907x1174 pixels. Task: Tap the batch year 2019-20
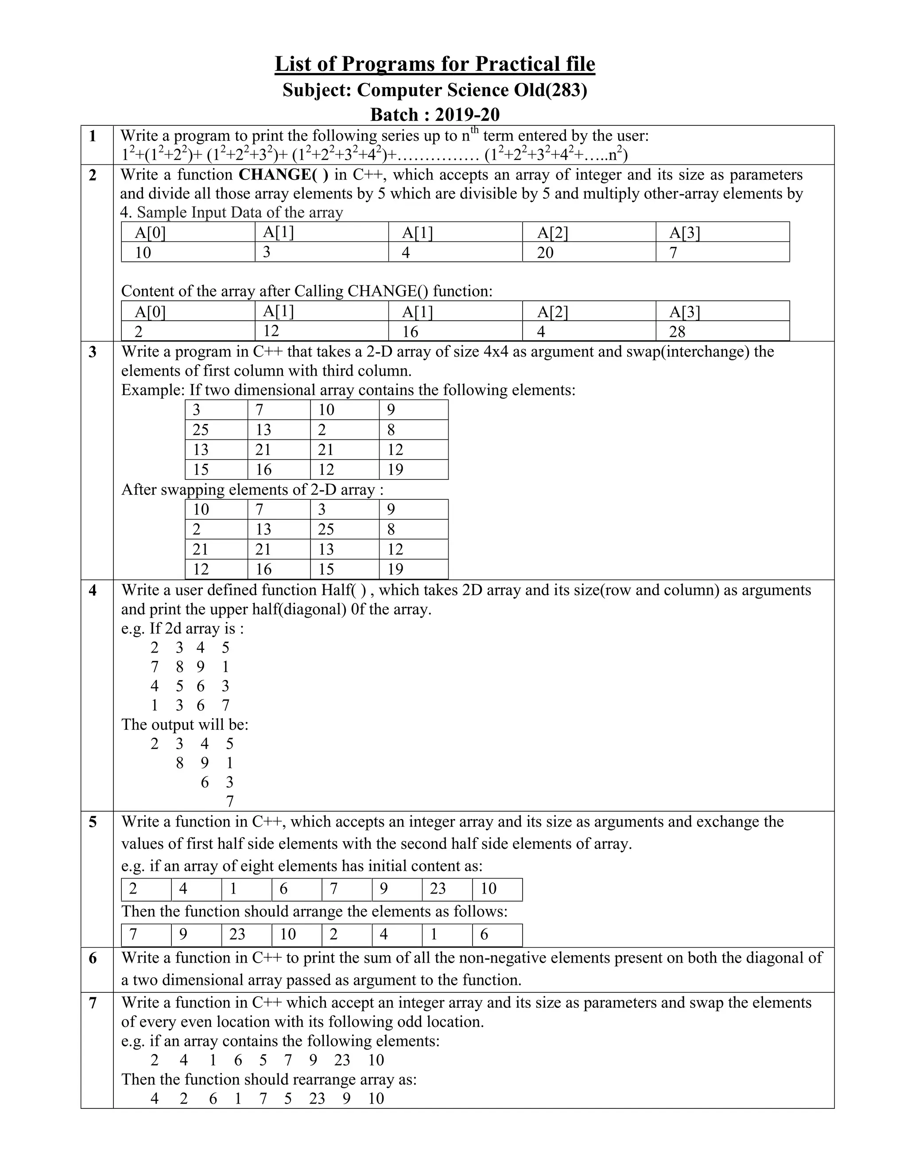(467, 114)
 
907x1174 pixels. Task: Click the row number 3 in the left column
(93, 352)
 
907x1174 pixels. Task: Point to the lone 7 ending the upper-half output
(230, 801)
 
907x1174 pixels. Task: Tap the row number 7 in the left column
(93, 1003)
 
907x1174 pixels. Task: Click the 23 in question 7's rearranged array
(317, 1098)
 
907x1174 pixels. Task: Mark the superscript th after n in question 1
(475, 131)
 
